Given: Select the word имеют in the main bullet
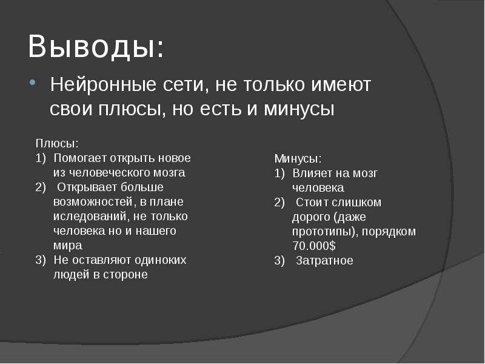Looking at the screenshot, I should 342,84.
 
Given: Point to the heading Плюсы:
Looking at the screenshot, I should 56,144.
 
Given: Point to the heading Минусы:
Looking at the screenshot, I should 298,158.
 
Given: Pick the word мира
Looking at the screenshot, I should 67,245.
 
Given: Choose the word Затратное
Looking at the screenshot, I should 324,260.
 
